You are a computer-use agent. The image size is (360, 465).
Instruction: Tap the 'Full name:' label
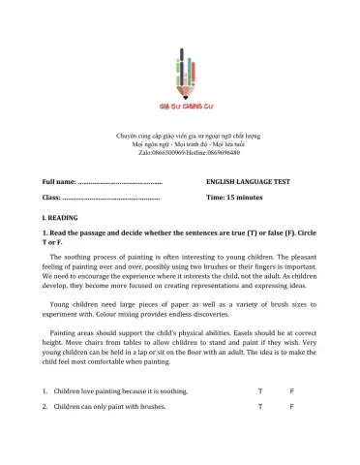[58, 182]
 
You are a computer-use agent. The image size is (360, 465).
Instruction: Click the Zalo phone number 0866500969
[162, 153]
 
